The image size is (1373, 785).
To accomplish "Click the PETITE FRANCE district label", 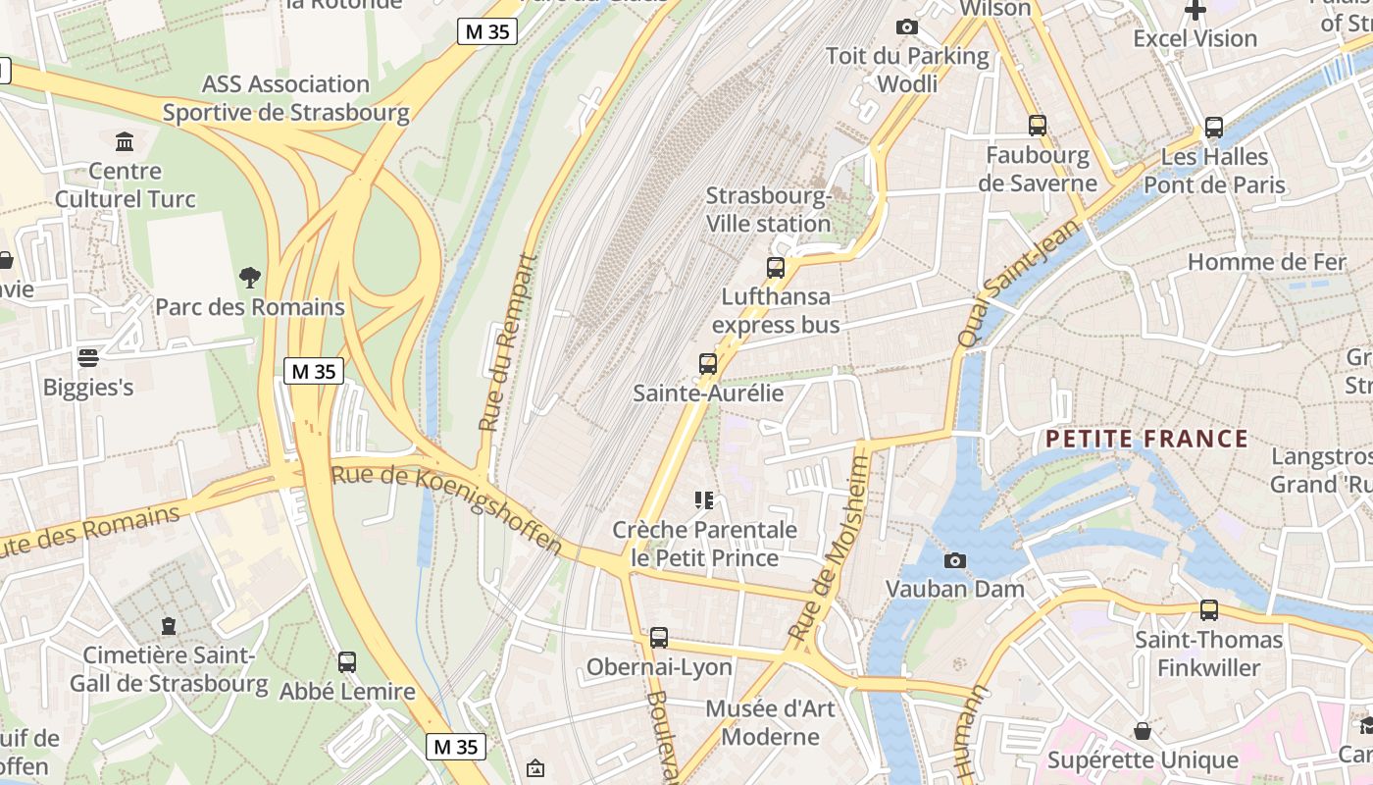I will point(1146,439).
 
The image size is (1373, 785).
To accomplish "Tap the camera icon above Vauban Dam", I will point(954,561).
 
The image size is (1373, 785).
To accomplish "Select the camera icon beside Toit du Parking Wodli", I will point(907,26).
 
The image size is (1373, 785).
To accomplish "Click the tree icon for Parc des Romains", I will point(250,278).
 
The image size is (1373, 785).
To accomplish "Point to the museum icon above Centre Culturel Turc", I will point(125,142).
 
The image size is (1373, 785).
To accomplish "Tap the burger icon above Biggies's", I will point(88,357).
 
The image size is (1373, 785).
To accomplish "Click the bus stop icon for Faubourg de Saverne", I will point(1037,126).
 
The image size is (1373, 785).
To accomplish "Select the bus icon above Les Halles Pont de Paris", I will point(1213,128).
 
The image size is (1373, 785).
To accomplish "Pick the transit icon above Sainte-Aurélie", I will point(707,364).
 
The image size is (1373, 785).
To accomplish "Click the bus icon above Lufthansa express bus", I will point(775,267).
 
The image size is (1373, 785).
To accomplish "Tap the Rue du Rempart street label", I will point(509,342).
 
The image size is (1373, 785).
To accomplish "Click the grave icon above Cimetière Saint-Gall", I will point(169,626).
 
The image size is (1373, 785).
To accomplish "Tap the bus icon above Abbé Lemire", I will point(346,662).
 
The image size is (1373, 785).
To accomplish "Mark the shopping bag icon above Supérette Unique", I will point(1142,731).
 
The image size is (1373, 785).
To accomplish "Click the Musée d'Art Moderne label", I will point(770,722).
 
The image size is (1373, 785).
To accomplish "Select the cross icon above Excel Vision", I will point(1195,11).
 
